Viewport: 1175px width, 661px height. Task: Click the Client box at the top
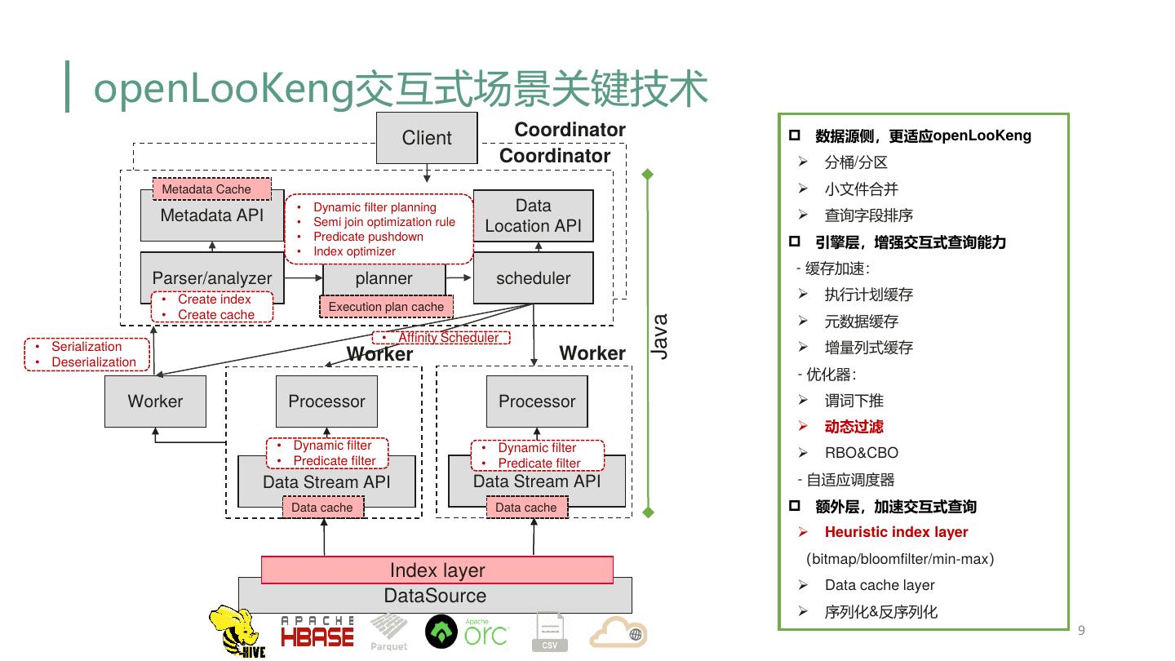tap(427, 138)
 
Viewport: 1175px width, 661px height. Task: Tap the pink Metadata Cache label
tap(212, 189)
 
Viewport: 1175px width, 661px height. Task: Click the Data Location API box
tap(534, 216)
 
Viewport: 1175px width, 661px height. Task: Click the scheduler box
tap(534, 278)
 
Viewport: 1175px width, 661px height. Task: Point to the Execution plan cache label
tap(386, 307)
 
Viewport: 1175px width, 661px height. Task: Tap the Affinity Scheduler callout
tap(441, 337)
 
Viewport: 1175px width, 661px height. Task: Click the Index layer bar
tap(437, 570)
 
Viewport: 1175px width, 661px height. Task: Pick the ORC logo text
tap(486, 633)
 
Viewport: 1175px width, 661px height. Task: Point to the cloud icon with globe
tap(619, 632)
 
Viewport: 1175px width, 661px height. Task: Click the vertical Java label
tap(660, 337)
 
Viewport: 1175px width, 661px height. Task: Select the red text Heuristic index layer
tap(896, 532)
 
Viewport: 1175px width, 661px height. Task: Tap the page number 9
tap(1082, 630)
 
